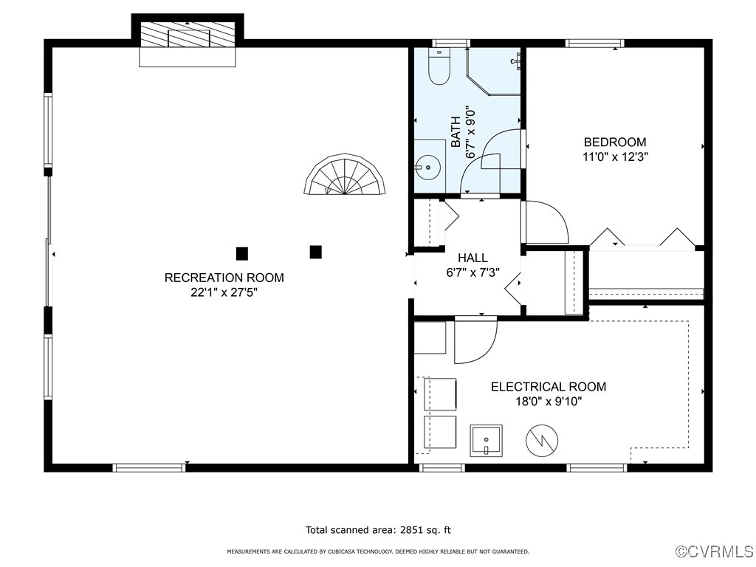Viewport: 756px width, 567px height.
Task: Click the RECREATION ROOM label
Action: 224,278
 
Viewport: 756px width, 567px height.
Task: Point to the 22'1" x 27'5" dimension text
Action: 224,292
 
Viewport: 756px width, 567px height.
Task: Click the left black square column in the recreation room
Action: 241,253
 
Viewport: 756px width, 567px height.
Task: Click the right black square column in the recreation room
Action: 315,252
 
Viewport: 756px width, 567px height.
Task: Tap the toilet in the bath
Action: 439,68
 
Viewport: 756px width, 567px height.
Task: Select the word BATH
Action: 456,131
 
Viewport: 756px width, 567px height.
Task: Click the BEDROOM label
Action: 615,142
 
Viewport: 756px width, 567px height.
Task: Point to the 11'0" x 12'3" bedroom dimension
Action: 615,157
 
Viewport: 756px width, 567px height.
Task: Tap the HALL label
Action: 472,258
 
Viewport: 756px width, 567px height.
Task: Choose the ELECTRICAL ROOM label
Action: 549,387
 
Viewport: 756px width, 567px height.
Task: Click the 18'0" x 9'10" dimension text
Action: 549,402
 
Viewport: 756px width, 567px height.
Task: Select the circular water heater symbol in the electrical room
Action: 540,440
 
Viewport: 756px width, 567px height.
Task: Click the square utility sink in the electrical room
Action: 487,441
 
